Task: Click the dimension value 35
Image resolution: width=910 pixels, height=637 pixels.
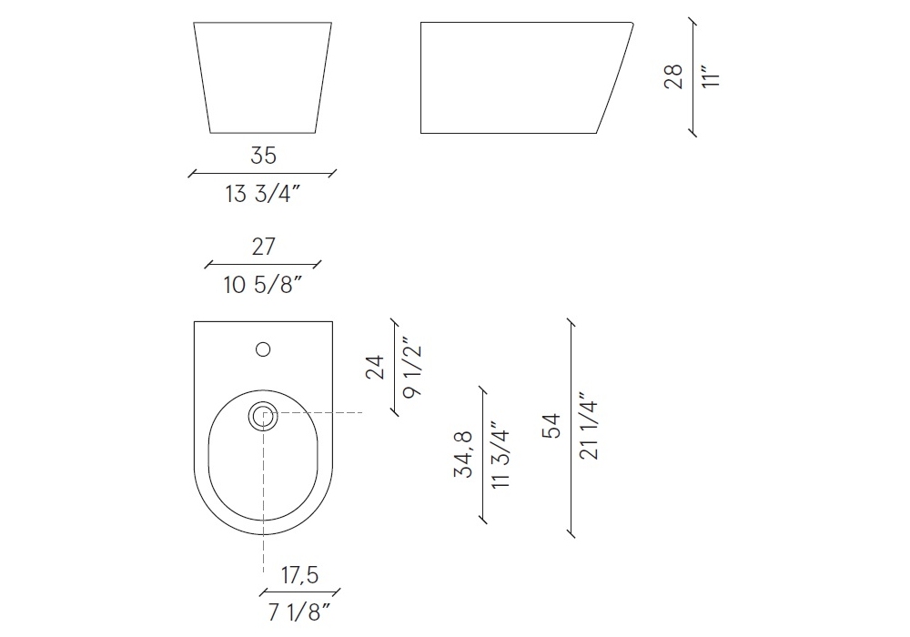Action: point(263,156)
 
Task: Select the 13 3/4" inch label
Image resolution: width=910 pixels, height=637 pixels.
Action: point(263,194)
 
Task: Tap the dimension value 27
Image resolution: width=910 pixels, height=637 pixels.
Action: point(263,247)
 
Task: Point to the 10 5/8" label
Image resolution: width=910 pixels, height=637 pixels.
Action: point(263,285)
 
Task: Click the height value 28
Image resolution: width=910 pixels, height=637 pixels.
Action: point(673,76)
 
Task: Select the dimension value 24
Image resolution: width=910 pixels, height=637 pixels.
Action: point(375,367)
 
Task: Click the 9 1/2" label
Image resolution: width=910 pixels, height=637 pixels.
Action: point(411,369)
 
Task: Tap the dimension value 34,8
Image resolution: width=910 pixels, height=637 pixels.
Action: point(464,454)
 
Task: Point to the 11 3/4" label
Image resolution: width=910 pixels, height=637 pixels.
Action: point(500,455)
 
